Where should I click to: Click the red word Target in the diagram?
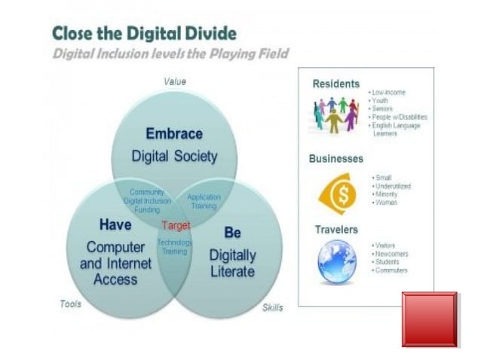tap(176, 225)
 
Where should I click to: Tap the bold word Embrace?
tap(174, 134)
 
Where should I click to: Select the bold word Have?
tap(115, 224)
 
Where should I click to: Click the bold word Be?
tap(232, 233)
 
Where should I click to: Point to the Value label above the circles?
tap(175, 81)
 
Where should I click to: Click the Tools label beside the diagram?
tap(70, 304)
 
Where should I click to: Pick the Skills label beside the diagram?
tap(272, 307)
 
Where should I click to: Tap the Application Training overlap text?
tap(204, 201)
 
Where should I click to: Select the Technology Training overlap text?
tap(174, 247)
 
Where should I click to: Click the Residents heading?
tap(335, 84)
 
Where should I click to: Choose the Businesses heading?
tap(335, 159)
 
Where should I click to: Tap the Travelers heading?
tap(335, 229)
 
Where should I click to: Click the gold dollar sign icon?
tap(337, 194)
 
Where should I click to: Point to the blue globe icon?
tap(336, 261)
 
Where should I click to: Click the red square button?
tap(429, 319)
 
